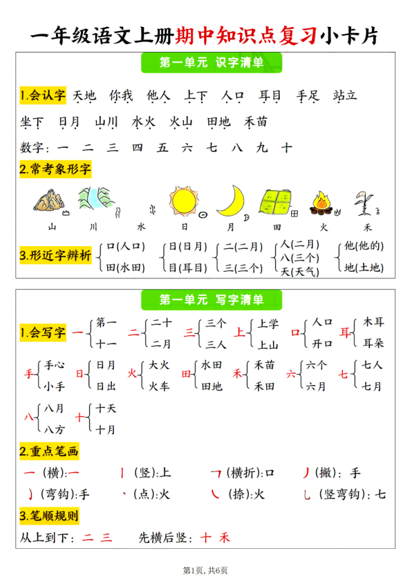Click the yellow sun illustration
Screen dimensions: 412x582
tap(185, 201)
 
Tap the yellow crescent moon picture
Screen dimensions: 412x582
tap(231, 200)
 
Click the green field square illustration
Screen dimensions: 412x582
tap(277, 203)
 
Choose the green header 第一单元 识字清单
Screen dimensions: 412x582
tap(211, 63)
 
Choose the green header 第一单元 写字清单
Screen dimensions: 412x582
tap(211, 300)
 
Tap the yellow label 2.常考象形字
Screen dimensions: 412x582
tap(55, 169)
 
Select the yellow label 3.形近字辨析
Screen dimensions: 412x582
tap(55, 256)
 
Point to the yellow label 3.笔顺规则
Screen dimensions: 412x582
tap(49, 516)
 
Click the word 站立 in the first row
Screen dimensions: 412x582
tap(345, 95)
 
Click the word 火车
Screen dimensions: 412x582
tap(160, 386)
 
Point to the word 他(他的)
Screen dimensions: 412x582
tap(364, 246)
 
